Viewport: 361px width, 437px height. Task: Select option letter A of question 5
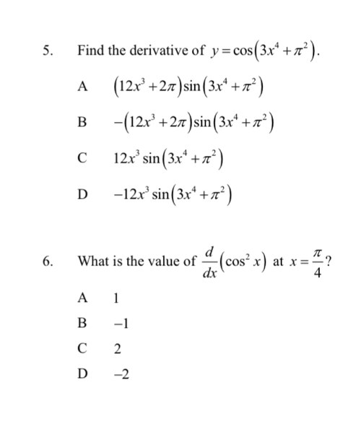pyautogui.click(x=84, y=86)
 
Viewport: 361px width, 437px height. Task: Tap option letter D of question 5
pyautogui.click(x=84, y=194)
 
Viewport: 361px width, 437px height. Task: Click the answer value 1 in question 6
pyautogui.click(x=116, y=298)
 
